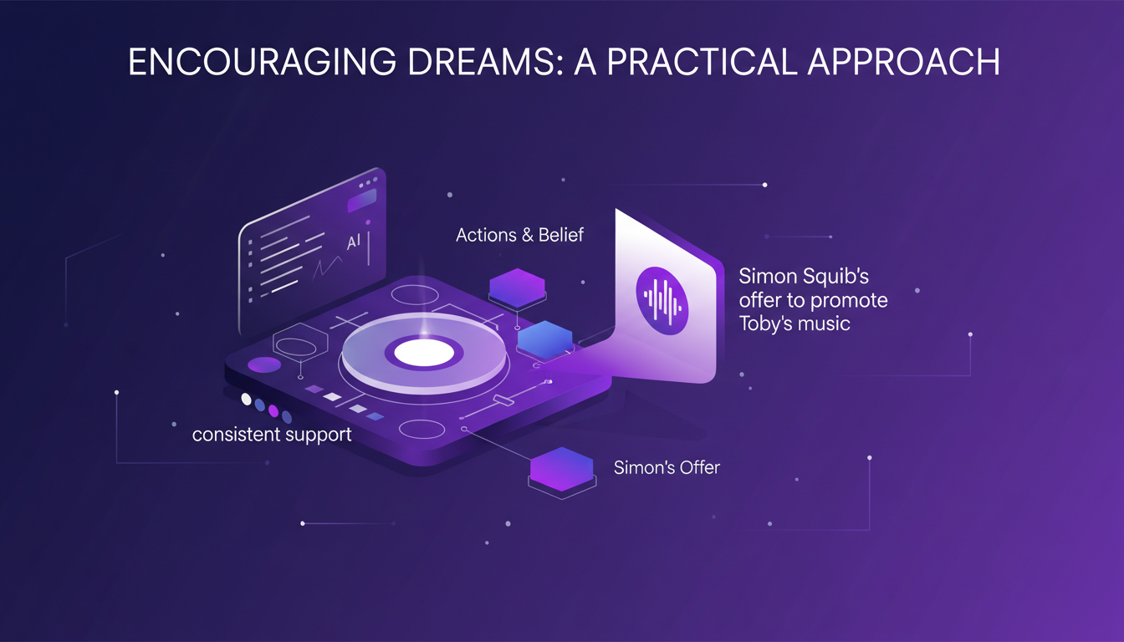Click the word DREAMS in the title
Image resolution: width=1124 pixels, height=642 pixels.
(x=485, y=62)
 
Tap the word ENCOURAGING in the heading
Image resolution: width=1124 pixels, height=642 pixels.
(x=262, y=62)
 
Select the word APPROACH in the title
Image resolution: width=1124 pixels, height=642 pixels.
(x=903, y=62)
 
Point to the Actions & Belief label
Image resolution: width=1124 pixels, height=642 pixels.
(x=519, y=235)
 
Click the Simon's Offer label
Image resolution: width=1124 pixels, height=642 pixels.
(x=667, y=467)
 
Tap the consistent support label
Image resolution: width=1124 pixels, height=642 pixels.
(x=272, y=435)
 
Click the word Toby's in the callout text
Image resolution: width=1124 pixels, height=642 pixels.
(x=766, y=324)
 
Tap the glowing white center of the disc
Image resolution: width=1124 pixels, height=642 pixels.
(x=424, y=353)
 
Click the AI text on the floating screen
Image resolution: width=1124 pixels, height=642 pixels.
(x=354, y=242)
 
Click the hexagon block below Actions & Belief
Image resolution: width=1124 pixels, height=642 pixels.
(x=517, y=288)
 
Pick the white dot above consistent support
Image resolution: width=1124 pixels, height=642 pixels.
(x=246, y=400)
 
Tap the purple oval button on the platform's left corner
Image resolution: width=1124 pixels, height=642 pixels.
(x=264, y=364)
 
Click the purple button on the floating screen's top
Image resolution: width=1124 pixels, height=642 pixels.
(x=362, y=201)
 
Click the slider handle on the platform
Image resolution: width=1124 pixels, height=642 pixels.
(x=503, y=400)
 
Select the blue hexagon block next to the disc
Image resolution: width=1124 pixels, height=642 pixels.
(x=545, y=339)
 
